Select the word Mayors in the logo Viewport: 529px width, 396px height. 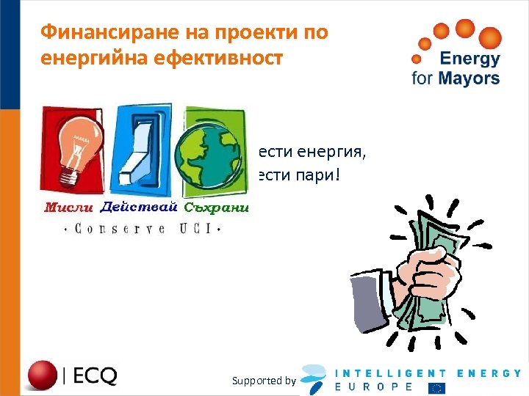(x=472, y=78)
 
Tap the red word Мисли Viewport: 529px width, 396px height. (x=69, y=208)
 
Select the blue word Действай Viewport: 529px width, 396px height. (x=139, y=208)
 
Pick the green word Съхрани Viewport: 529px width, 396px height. (x=217, y=208)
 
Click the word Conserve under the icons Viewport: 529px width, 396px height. (x=118, y=230)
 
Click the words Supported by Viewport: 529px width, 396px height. (x=263, y=381)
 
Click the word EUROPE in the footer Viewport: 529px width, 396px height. (x=374, y=386)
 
